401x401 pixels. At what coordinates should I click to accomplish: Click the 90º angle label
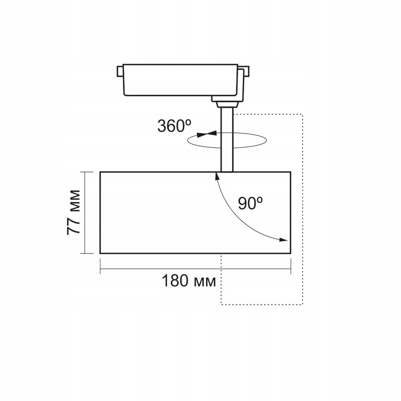coord(250,204)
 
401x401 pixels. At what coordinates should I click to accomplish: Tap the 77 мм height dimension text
coord(75,212)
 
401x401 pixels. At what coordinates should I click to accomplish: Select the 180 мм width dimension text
coord(188,281)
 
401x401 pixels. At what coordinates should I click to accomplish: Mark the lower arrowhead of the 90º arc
coord(284,240)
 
